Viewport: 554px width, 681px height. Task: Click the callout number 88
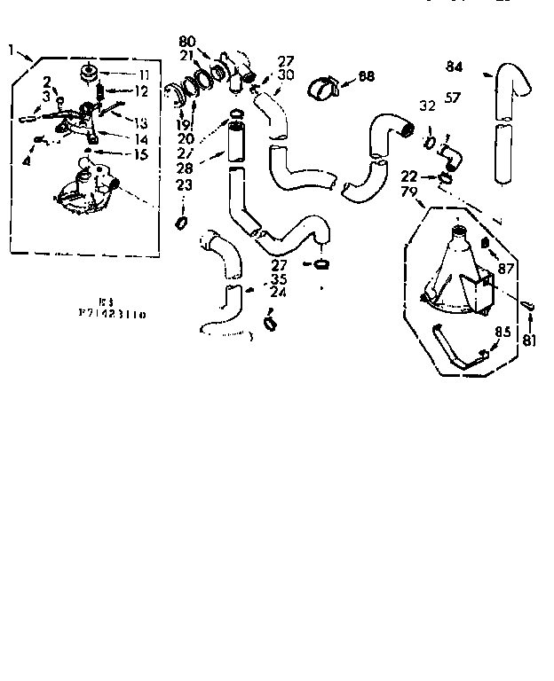coord(366,76)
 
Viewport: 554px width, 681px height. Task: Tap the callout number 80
coord(187,41)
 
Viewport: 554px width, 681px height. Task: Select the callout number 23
coord(184,186)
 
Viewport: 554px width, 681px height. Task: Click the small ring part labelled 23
coord(182,221)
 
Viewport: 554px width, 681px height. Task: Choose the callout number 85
coord(502,333)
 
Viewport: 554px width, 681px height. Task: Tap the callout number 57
coord(453,98)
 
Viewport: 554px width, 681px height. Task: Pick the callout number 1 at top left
coord(11,51)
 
